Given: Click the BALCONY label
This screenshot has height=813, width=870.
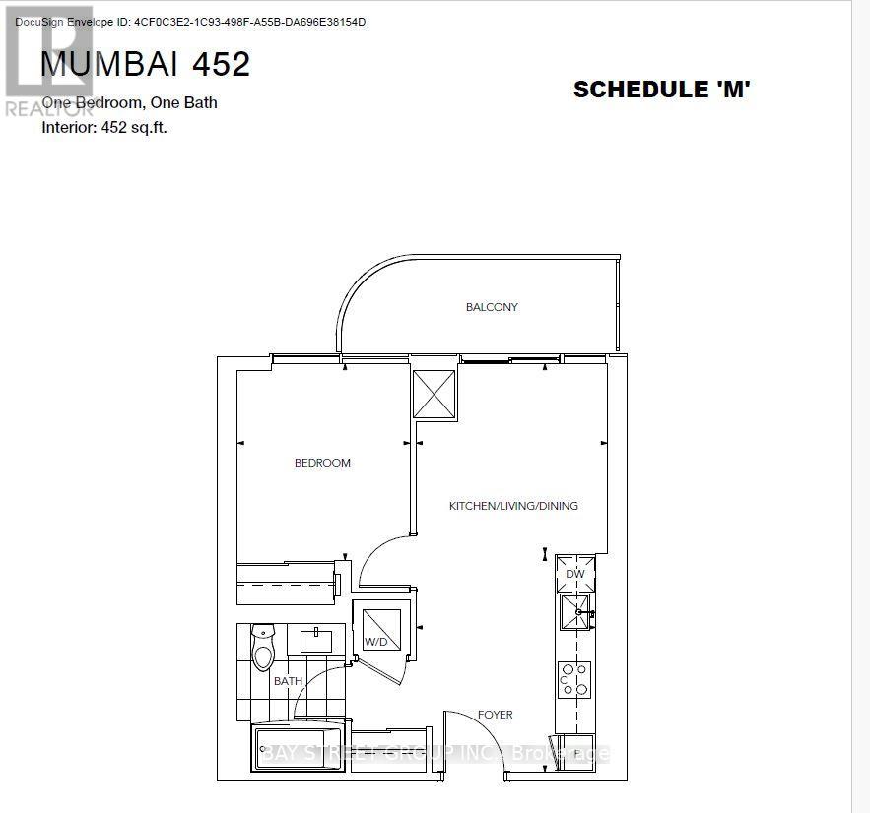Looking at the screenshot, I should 492,307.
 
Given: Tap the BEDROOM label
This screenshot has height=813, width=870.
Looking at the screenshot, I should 322,463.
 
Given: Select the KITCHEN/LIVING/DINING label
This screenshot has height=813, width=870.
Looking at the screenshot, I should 513,506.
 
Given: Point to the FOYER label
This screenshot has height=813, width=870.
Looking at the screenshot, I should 496,715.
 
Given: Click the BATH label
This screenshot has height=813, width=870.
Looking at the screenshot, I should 289,680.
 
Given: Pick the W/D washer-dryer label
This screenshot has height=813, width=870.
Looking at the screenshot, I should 374,642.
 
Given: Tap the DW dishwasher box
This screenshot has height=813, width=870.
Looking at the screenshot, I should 575,574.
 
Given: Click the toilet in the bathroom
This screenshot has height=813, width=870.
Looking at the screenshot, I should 263,649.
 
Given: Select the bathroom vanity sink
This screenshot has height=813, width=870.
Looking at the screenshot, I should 317,642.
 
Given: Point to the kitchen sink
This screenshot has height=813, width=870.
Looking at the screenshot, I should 576,612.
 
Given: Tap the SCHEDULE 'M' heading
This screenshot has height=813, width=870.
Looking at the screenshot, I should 662,90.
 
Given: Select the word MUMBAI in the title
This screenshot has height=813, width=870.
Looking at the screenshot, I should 108,64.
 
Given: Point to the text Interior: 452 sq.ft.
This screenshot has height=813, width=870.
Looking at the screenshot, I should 104,127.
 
